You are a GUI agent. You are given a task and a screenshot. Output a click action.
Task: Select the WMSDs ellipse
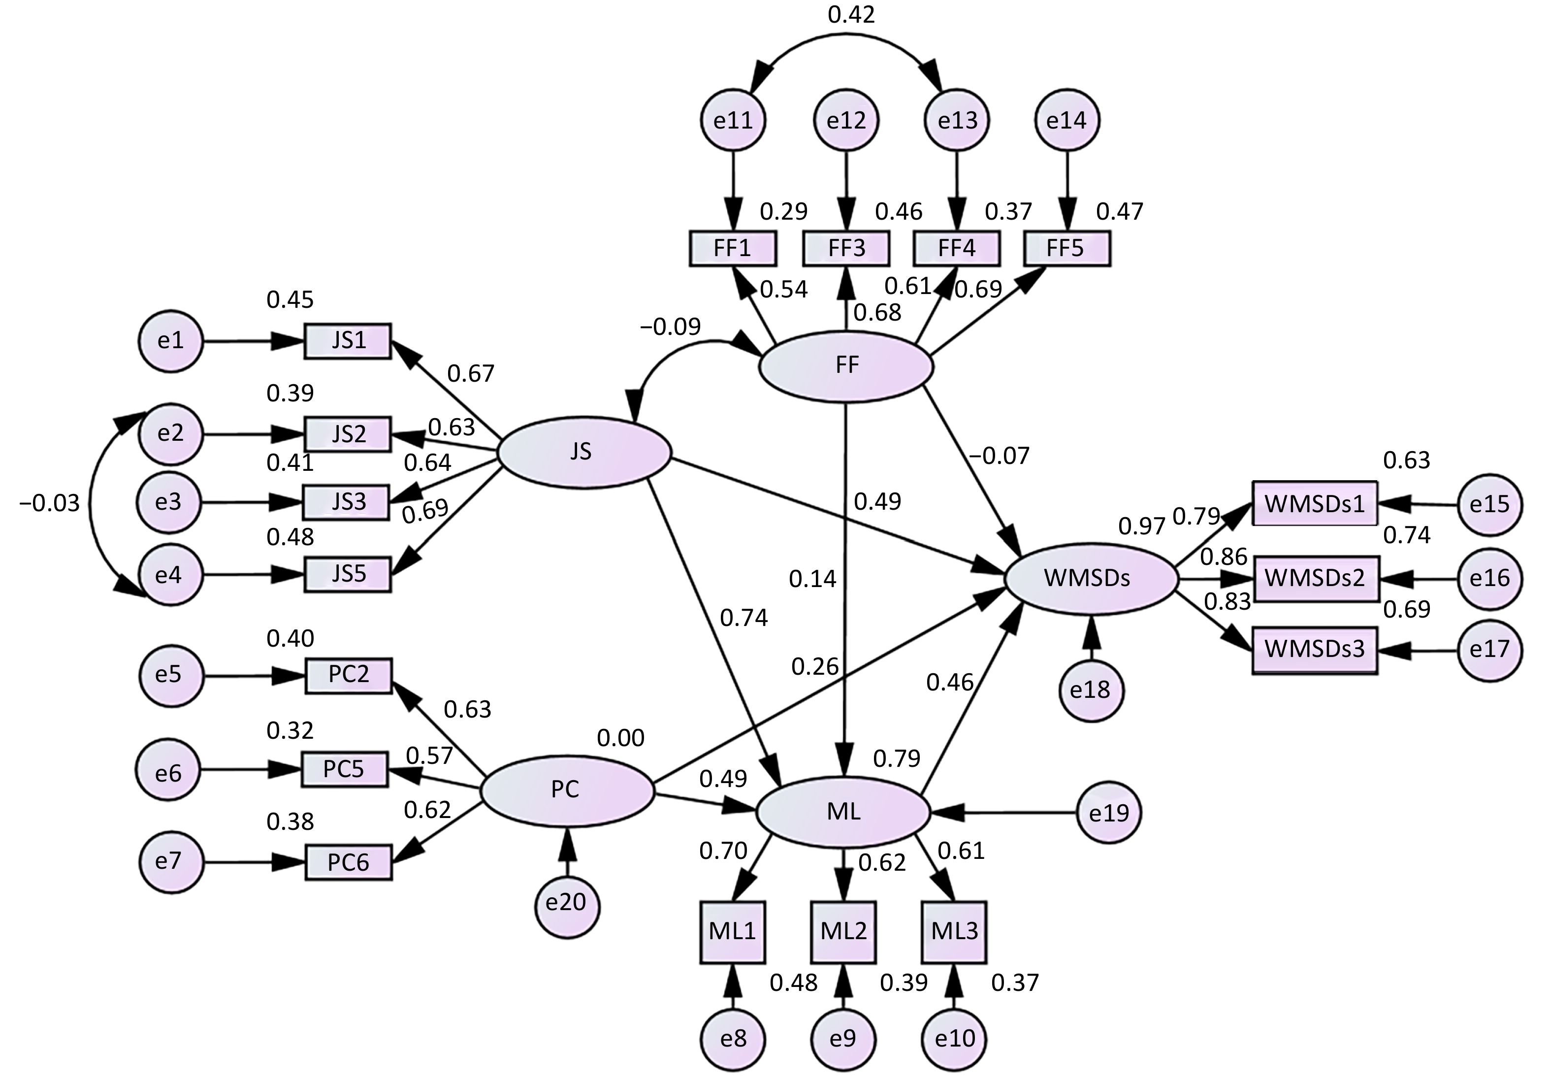tap(1092, 578)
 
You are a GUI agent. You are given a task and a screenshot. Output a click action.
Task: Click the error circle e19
tap(1108, 813)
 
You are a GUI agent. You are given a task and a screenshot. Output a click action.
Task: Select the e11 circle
tap(733, 120)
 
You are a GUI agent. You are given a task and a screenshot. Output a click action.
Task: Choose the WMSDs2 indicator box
tap(1315, 578)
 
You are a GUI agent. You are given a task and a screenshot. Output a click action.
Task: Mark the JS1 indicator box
tap(348, 340)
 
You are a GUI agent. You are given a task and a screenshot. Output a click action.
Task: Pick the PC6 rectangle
tap(349, 863)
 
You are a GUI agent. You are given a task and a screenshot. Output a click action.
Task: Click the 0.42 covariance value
tap(851, 15)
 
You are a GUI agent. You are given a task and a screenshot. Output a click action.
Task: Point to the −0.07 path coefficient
tap(1000, 456)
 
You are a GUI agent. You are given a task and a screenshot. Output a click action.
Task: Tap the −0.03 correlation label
tap(49, 503)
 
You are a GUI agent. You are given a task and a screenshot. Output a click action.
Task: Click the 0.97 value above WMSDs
tap(1142, 525)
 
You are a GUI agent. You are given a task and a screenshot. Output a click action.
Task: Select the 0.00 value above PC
tap(620, 738)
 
